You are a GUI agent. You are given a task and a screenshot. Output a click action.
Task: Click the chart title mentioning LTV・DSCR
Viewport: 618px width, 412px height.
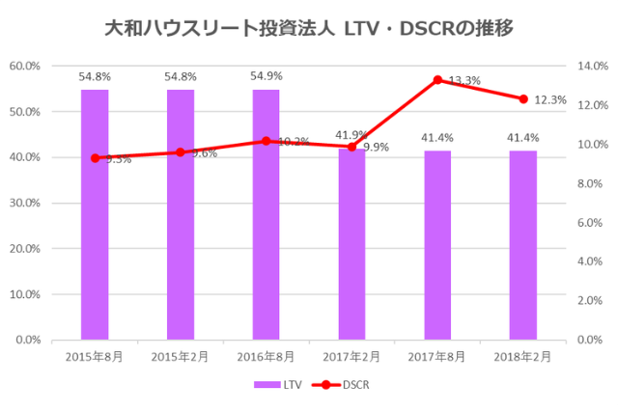pos(308,29)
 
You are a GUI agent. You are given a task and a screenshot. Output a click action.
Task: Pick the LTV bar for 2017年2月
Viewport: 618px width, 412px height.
pos(351,251)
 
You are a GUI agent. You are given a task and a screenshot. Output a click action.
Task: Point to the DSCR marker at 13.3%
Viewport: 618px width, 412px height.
pos(437,80)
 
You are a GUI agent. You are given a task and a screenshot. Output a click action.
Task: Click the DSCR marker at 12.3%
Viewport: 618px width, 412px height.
pos(523,99)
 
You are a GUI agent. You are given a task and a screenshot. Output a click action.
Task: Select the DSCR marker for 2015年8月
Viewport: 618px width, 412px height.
pos(95,157)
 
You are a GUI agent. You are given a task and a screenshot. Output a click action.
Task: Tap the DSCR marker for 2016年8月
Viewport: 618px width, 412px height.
pos(267,141)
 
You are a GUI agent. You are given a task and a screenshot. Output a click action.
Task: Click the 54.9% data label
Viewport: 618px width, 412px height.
pos(267,76)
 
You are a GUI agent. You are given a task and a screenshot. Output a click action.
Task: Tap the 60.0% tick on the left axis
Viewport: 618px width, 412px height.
pos(24,66)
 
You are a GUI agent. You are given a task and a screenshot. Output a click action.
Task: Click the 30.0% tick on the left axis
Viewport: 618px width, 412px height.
pos(24,203)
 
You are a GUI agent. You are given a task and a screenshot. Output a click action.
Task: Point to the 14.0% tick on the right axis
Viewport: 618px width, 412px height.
pos(592,66)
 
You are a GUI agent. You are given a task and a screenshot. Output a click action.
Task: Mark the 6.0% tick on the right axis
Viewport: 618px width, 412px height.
pos(590,222)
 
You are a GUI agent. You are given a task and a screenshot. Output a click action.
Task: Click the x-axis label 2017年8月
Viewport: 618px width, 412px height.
pos(437,356)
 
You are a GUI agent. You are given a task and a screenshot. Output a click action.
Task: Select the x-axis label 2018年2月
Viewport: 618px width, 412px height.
pos(523,356)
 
